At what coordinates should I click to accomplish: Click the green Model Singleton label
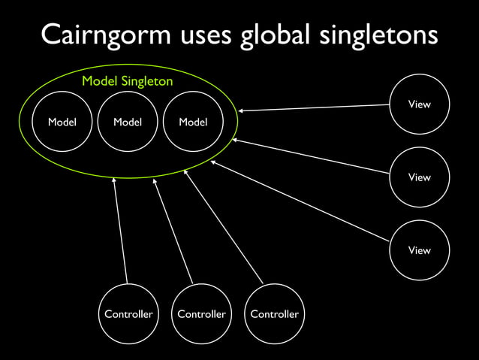tap(127, 81)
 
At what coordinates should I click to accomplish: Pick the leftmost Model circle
tap(62, 121)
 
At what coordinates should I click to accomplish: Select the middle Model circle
tap(128, 121)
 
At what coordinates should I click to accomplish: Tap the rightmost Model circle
tap(193, 121)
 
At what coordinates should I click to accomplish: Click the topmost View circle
tap(419, 104)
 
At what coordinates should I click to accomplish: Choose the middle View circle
tap(419, 177)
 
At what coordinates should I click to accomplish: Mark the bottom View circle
tap(419, 250)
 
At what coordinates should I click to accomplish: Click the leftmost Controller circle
tap(128, 313)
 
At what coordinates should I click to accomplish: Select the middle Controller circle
tap(201, 313)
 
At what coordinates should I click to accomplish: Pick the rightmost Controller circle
tap(274, 313)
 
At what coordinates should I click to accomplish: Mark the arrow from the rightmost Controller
tap(223, 226)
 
